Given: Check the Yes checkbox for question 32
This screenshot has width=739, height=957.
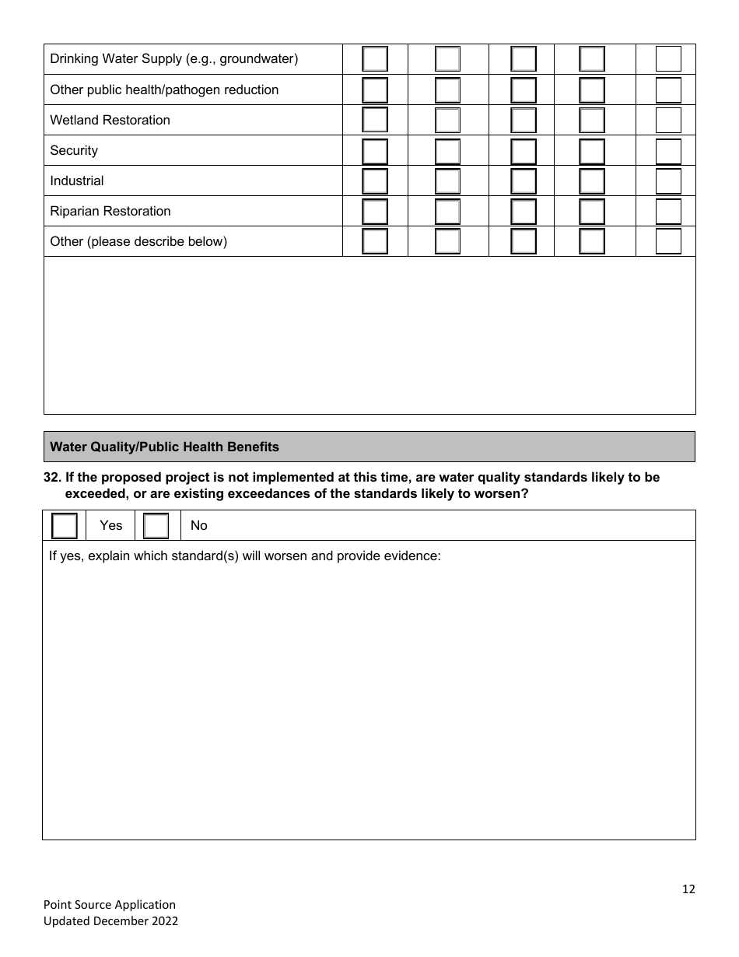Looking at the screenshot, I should (x=65, y=526).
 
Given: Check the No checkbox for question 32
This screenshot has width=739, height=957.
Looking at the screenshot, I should (x=156, y=526).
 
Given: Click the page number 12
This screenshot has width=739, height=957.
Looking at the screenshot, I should (x=688, y=889).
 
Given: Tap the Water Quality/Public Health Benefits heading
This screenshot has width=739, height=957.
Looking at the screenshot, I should (x=164, y=447).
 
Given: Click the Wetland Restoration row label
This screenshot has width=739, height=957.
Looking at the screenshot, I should (x=110, y=120).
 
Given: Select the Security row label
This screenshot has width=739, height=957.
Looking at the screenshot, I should (x=74, y=150).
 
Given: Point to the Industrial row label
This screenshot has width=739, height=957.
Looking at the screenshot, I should (x=76, y=181).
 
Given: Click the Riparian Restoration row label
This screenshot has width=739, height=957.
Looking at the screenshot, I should (x=110, y=211).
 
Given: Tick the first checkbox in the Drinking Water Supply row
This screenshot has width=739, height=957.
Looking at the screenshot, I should (x=375, y=59).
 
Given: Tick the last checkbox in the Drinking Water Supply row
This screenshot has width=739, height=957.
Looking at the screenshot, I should (x=668, y=59).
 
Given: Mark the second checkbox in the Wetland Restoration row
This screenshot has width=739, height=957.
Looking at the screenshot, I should (x=447, y=120).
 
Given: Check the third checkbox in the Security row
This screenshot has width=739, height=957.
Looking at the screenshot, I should (x=524, y=150).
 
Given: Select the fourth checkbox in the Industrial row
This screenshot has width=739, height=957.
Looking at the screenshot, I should (x=592, y=181).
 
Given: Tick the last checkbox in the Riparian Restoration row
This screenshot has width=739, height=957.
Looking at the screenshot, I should (x=668, y=211).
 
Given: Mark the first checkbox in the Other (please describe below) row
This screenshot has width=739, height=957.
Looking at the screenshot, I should (x=375, y=241).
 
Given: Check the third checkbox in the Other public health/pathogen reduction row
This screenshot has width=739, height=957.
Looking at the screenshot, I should (x=524, y=89).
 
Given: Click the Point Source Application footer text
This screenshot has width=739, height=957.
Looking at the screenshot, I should (x=110, y=904).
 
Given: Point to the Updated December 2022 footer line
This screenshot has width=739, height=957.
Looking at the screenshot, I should (x=110, y=920).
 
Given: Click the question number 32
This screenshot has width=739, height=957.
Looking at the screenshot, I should (x=52, y=477).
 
